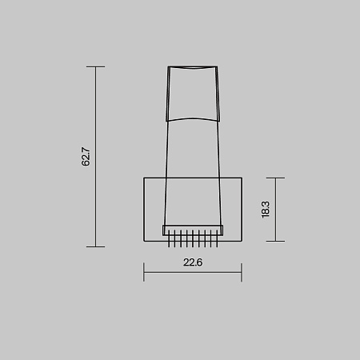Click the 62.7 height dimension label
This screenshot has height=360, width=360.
[86, 157]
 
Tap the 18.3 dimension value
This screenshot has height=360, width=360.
[265, 210]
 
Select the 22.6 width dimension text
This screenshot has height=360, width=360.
[192, 262]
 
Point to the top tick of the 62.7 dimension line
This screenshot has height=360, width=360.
[95, 67]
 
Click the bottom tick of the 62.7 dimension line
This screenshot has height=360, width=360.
[95, 246]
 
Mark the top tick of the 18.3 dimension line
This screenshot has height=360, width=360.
[274, 177]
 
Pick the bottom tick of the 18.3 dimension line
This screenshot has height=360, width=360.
[274, 241]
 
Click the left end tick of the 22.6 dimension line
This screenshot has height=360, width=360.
[144, 272]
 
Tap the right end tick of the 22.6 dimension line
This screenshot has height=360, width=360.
[241, 272]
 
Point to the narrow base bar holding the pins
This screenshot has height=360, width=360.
[192, 230]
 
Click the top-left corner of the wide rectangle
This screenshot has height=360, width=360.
[144, 177]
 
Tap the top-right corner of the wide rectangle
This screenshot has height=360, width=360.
[241, 177]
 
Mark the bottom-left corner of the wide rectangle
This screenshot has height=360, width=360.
[144, 241]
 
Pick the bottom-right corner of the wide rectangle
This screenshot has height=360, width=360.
[241, 241]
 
